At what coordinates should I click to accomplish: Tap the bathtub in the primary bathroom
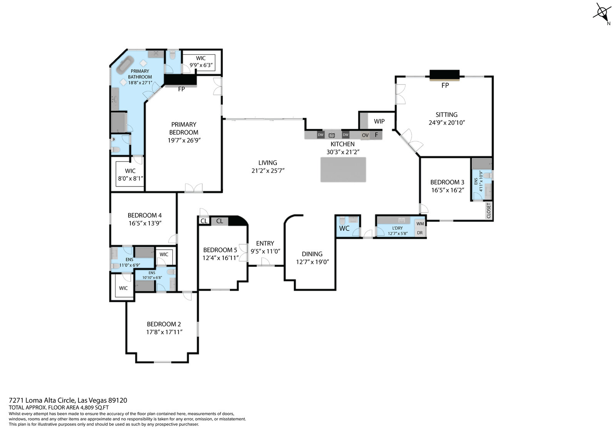(x=125, y=65)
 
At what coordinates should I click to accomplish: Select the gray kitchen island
(x=343, y=170)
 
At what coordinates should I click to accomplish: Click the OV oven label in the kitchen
(x=365, y=135)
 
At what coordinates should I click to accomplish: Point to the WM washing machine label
(x=420, y=224)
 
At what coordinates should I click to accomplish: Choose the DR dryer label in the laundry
(x=420, y=233)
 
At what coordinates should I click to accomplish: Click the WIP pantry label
(x=379, y=121)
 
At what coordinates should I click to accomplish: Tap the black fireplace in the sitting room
(x=445, y=75)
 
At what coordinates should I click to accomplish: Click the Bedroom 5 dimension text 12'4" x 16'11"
(x=221, y=258)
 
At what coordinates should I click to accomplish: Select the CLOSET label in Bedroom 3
(x=489, y=210)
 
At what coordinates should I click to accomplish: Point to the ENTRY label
(x=265, y=243)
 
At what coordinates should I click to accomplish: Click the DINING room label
(x=312, y=254)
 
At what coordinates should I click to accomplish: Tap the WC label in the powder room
(x=344, y=228)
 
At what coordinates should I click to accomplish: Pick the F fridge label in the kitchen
(x=377, y=135)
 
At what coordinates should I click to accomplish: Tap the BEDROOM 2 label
(x=164, y=324)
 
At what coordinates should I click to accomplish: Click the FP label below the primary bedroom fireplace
(x=181, y=89)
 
